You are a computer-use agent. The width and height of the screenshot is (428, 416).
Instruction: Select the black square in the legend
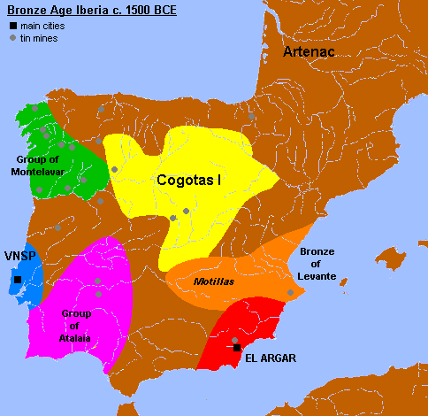(x=11, y=26)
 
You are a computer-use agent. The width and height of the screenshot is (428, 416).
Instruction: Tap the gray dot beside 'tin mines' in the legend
(x=11, y=38)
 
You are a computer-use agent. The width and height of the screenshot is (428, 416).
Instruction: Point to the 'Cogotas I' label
(x=188, y=180)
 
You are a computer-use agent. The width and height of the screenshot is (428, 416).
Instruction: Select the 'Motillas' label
(x=211, y=281)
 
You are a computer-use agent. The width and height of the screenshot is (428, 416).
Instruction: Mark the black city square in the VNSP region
(x=17, y=280)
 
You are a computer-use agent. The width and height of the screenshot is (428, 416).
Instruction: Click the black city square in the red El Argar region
(x=237, y=349)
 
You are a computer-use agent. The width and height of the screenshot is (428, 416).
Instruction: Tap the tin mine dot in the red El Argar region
(x=234, y=340)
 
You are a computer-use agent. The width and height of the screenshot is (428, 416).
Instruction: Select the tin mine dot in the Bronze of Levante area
(x=290, y=292)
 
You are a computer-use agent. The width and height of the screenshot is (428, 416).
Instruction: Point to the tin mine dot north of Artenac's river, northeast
(x=252, y=116)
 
